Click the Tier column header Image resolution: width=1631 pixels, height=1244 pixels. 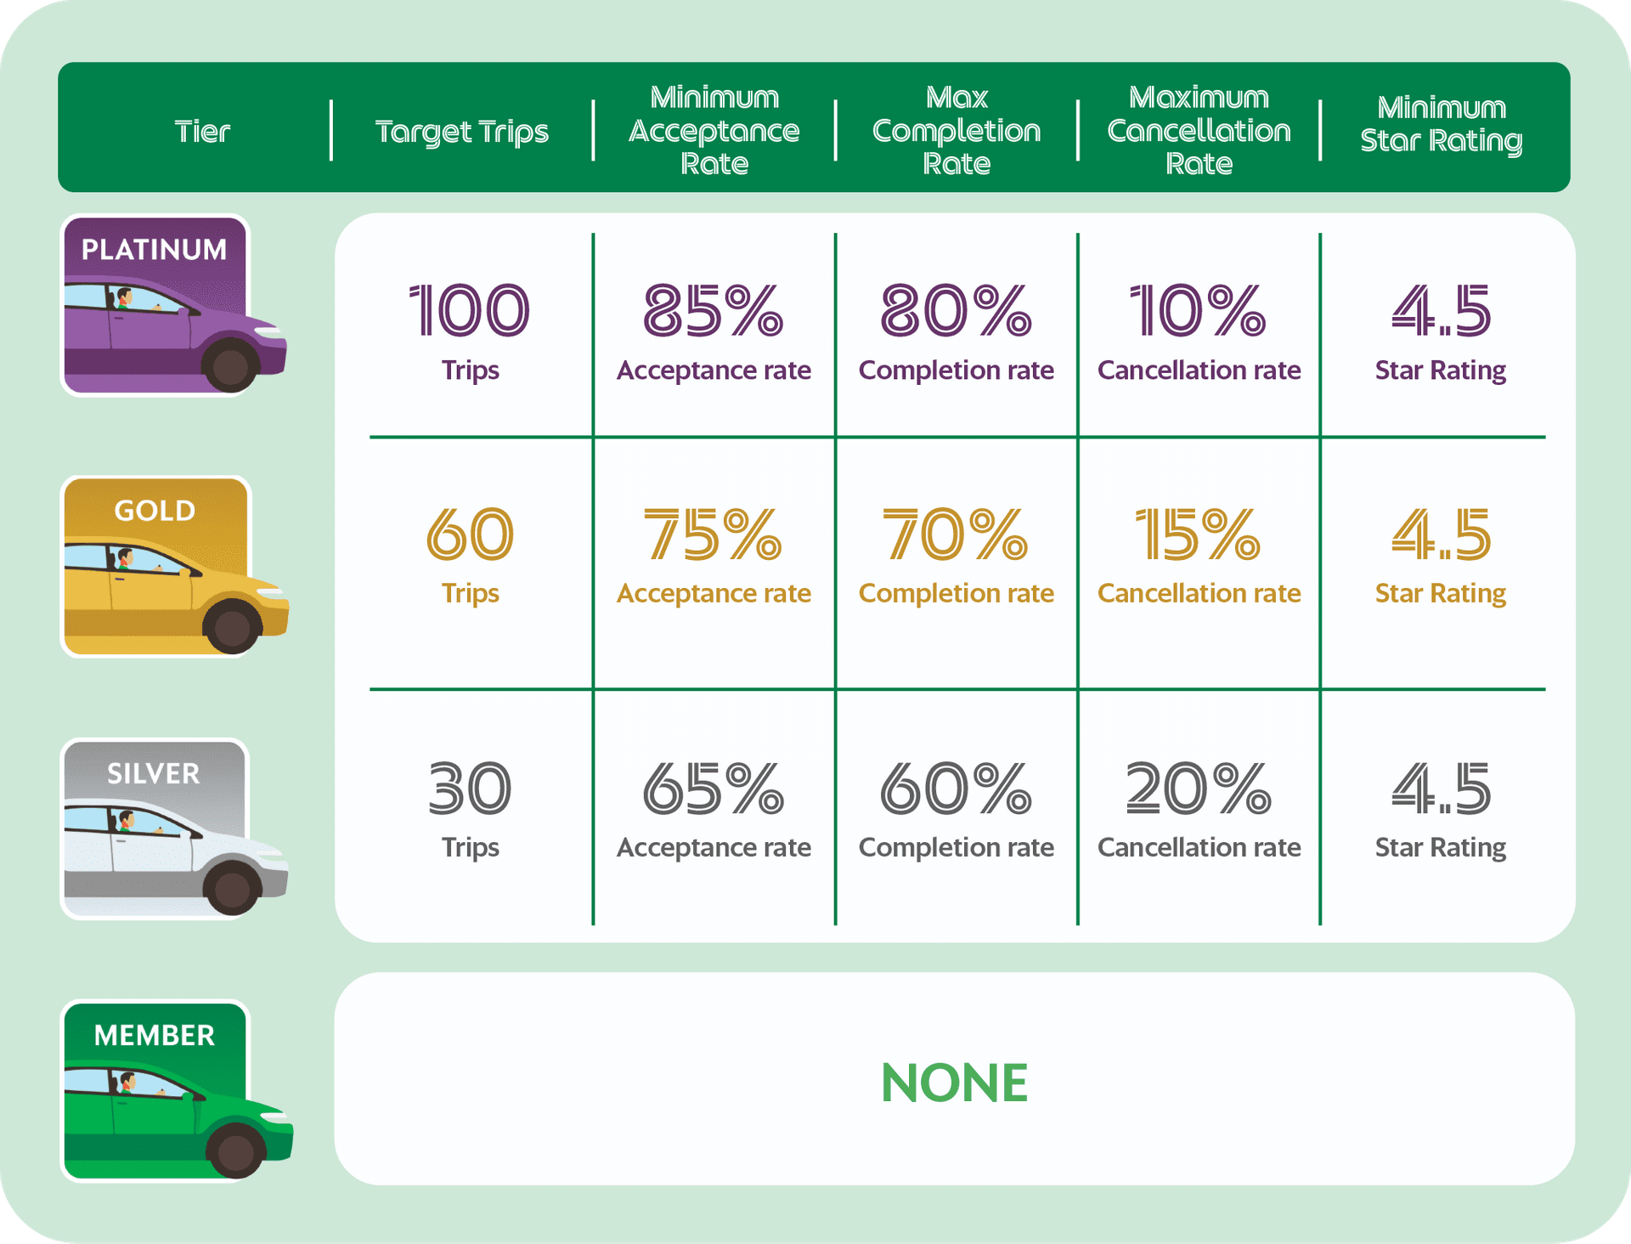coord(202,132)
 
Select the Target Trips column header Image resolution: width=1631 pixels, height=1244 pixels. coord(462,133)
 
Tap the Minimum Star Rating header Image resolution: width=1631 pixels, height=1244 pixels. coord(1442,124)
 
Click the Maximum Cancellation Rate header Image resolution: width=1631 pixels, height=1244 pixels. coord(1199,130)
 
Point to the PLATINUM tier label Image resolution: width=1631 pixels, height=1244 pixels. coord(154,249)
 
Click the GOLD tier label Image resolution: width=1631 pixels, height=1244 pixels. coord(155,510)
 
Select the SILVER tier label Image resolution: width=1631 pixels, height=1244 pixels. coord(154,773)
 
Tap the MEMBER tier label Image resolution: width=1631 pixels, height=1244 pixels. coord(155,1035)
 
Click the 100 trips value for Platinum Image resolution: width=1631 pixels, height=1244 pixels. coord(470,310)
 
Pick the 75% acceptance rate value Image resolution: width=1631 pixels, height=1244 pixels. coord(713,534)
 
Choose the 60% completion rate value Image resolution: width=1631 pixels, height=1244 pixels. coord(956,789)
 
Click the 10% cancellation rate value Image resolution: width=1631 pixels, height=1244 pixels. coord(1198,310)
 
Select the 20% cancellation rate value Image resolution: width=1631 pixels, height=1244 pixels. coord(1199,789)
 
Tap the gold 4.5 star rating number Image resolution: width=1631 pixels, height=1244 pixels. coord(1442,534)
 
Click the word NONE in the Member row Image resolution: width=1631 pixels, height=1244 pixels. coord(954,1083)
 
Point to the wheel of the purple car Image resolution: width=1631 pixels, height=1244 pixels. coord(230,366)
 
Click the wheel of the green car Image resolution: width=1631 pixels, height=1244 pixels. coord(235,1151)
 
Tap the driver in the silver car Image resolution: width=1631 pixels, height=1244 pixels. coord(126,823)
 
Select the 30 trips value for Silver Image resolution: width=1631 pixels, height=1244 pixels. coord(470,789)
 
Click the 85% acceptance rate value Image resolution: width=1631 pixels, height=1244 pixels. coord(713,310)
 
